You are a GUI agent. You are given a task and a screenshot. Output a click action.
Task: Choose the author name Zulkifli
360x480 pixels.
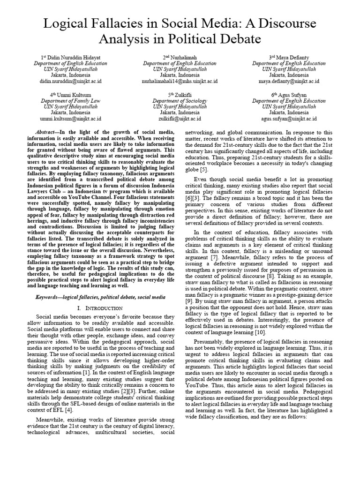182,94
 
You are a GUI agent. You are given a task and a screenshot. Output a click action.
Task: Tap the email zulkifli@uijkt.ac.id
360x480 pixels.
180,119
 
